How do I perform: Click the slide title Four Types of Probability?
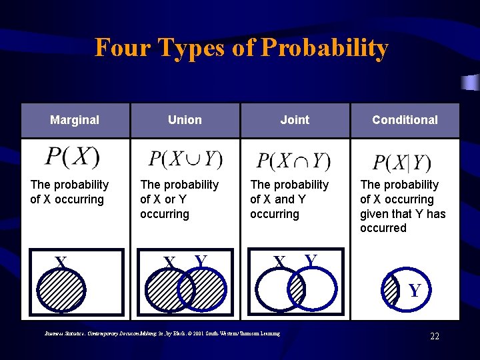[x=241, y=48]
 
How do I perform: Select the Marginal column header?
[x=75, y=120]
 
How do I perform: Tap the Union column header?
[x=185, y=120]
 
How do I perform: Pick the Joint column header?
[x=295, y=120]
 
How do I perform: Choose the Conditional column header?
[x=405, y=120]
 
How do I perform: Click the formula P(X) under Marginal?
[x=72, y=157]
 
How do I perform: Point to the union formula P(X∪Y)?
[x=185, y=159]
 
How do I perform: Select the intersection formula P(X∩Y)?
[x=294, y=161]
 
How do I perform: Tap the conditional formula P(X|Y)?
[x=402, y=163]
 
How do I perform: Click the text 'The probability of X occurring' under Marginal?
[x=69, y=192]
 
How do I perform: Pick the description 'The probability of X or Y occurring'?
[x=179, y=199]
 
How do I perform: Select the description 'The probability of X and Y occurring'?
[x=289, y=199]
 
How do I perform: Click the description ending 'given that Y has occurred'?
[x=403, y=206]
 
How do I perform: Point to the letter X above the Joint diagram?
[x=280, y=261]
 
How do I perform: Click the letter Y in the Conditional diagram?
[x=414, y=291]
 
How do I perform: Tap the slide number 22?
[x=434, y=336]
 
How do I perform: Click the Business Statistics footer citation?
[x=162, y=333]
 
